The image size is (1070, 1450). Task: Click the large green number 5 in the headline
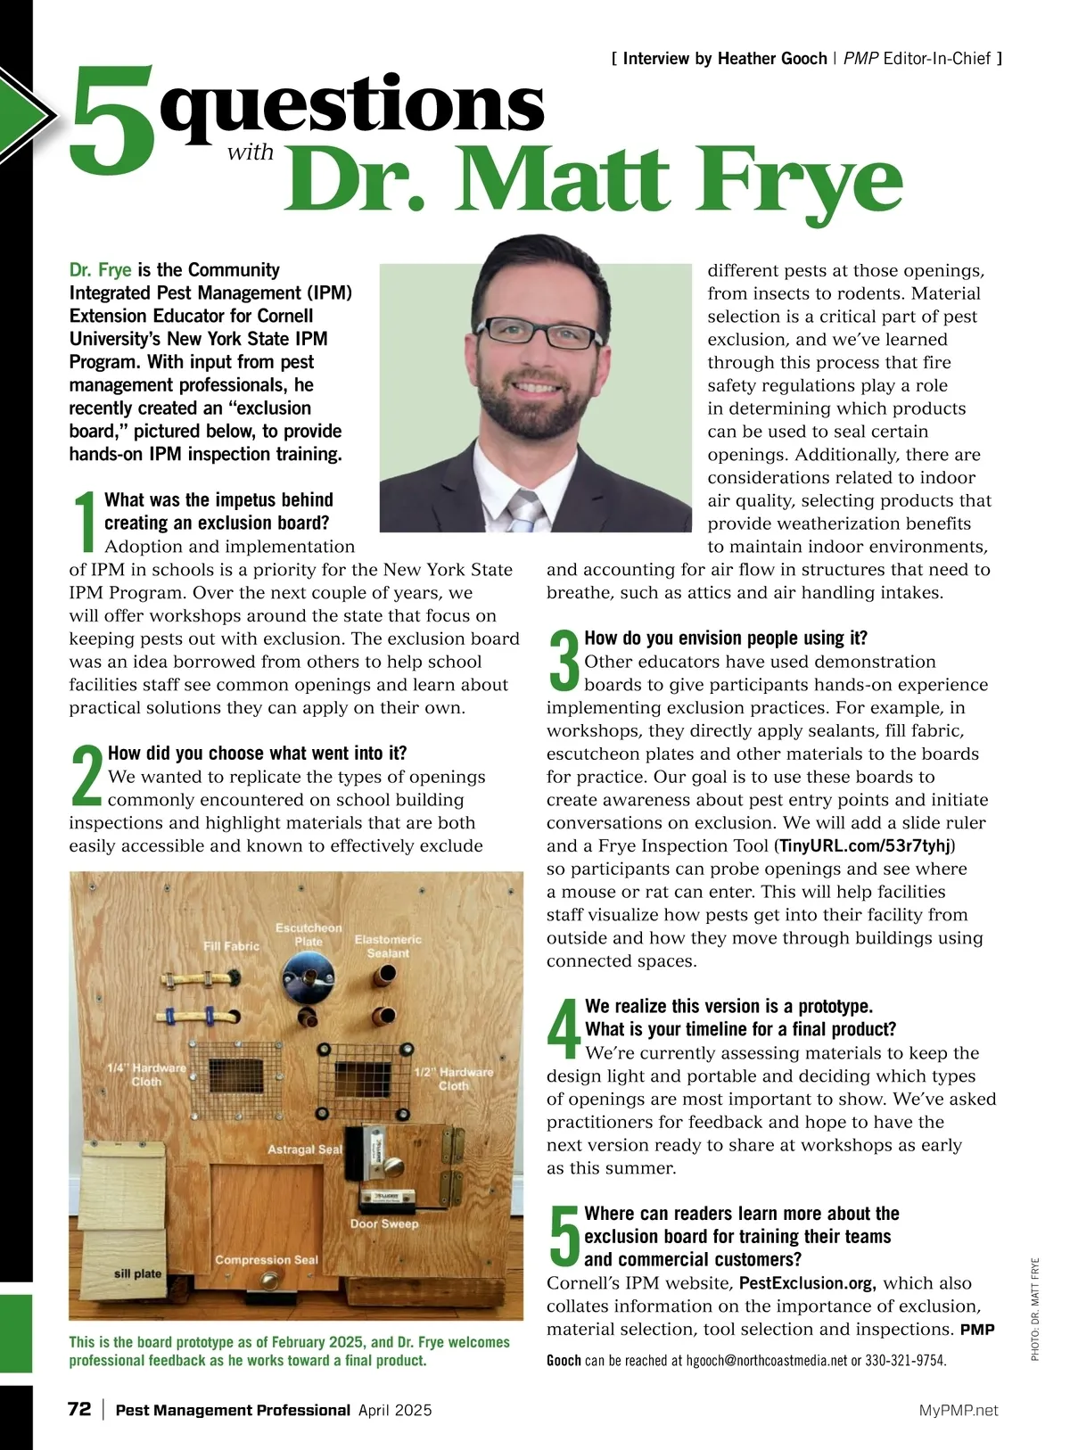[111, 120]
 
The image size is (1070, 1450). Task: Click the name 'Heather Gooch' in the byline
[771, 59]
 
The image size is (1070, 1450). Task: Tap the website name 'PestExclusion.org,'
[807, 1283]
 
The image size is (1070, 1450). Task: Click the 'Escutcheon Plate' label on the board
[309, 935]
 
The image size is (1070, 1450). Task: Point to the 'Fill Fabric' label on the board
[231, 946]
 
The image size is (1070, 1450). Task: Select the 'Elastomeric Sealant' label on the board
[388, 946]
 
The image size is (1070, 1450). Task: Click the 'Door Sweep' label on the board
[384, 1223]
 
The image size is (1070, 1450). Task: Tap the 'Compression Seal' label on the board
[267, 1260]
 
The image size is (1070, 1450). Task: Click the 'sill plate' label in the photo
[137, 1273]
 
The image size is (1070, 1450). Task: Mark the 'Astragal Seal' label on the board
[305, 1149]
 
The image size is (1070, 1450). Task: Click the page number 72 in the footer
[79, 1410]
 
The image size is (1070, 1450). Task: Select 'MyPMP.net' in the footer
[959, 1411]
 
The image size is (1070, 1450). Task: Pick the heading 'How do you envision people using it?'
[725, 638]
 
